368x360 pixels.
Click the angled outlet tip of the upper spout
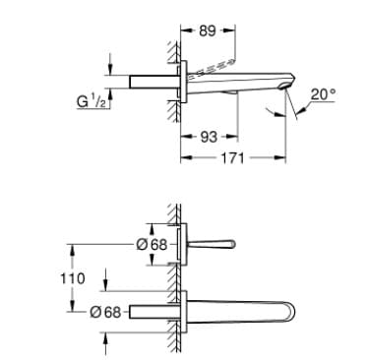click(x=286, y=90)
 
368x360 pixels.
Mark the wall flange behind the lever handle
click(x=184, y=243)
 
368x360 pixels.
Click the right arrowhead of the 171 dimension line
click(x=290, y=157)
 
